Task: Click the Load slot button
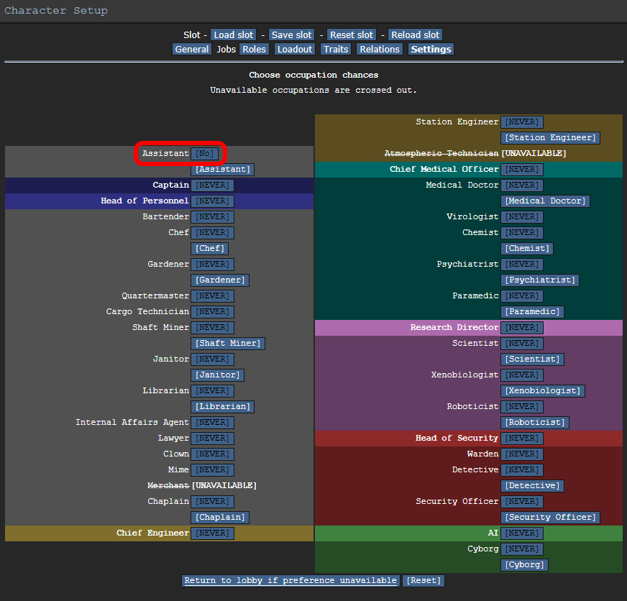(234, 35)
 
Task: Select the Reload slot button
(415, 35)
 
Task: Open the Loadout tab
(295, 49)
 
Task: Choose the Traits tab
(336, 49)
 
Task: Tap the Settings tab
(431, 49)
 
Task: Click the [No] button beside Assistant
(205, 154)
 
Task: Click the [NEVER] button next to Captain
(212, 185)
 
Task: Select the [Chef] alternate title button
(209, 248)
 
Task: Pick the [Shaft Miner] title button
(228, 344)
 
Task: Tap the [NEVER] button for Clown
(212, 454)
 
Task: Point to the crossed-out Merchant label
(168, 485)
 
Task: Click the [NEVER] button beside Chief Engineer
(212, 533)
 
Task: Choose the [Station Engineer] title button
(550, 137)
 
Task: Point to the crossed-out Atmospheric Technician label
(441, 153)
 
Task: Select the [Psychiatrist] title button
(540, 280)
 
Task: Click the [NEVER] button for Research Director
(522, 328)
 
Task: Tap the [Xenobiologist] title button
(543, 390)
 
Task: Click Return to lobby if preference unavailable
(290, 581)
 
